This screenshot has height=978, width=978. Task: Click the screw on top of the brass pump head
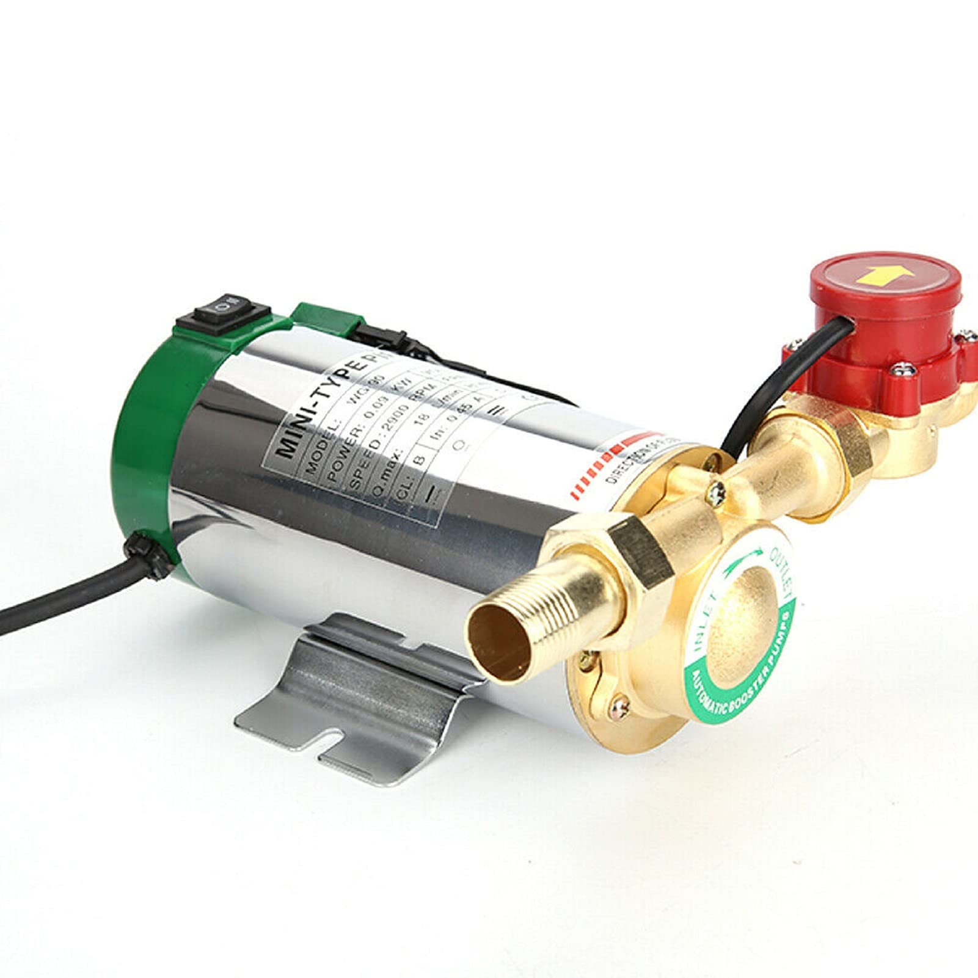tap(718, 489)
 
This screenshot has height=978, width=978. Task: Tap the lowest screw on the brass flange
tap(620, 706)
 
